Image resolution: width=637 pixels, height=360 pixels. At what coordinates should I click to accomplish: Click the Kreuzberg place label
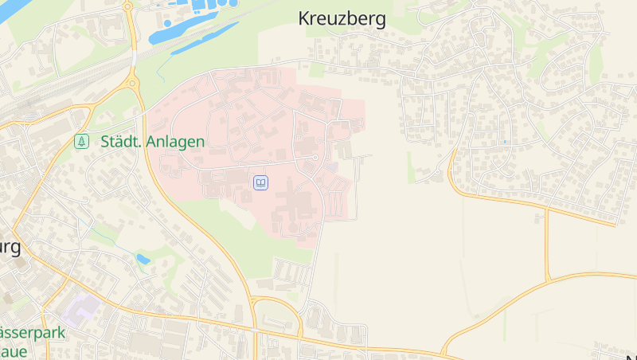pyautogui.click(x=342, y=19)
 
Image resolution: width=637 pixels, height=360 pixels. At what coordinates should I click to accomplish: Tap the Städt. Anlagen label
pyautogui.click(x=153, y=142)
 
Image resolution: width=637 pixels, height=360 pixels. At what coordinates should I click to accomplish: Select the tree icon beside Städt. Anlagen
pyautogui.click(x=80, y=142)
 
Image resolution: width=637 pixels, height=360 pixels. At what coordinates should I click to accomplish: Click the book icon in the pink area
pyautogui.click(x=260, y=183)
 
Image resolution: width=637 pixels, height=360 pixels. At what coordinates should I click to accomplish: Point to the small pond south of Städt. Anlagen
pyautogui.click(x=143, y=259)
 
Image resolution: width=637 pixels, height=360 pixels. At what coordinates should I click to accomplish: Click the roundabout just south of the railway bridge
pyautogui.click(x=132, y=82)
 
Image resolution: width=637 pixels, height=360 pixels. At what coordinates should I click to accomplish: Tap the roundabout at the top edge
pyautogui.click(x=127, y=6)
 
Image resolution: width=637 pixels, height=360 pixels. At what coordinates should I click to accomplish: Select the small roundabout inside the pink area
pyautogui.click(x=315, y=158)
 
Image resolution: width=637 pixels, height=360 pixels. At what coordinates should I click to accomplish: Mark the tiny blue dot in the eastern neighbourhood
pyautogui.click(x=504, y=142)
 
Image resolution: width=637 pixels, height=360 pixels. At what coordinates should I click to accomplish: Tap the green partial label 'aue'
pyautogui.click(x=14, y=350)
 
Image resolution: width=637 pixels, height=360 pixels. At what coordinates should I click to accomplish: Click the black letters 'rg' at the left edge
pyautogui.click(x=10, y=248)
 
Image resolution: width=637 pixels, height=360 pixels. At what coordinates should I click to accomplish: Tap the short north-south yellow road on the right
pyautogui.click(x=547, y=245)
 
